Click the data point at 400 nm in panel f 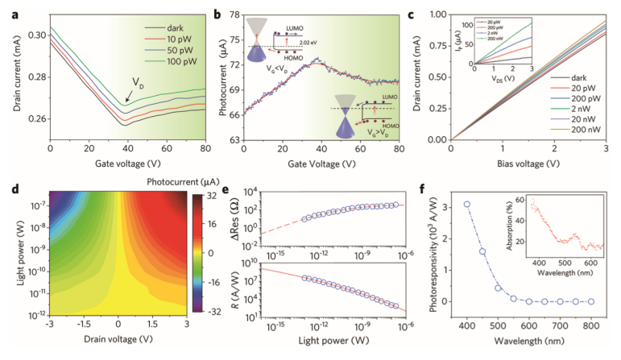(x=467, y=205)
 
